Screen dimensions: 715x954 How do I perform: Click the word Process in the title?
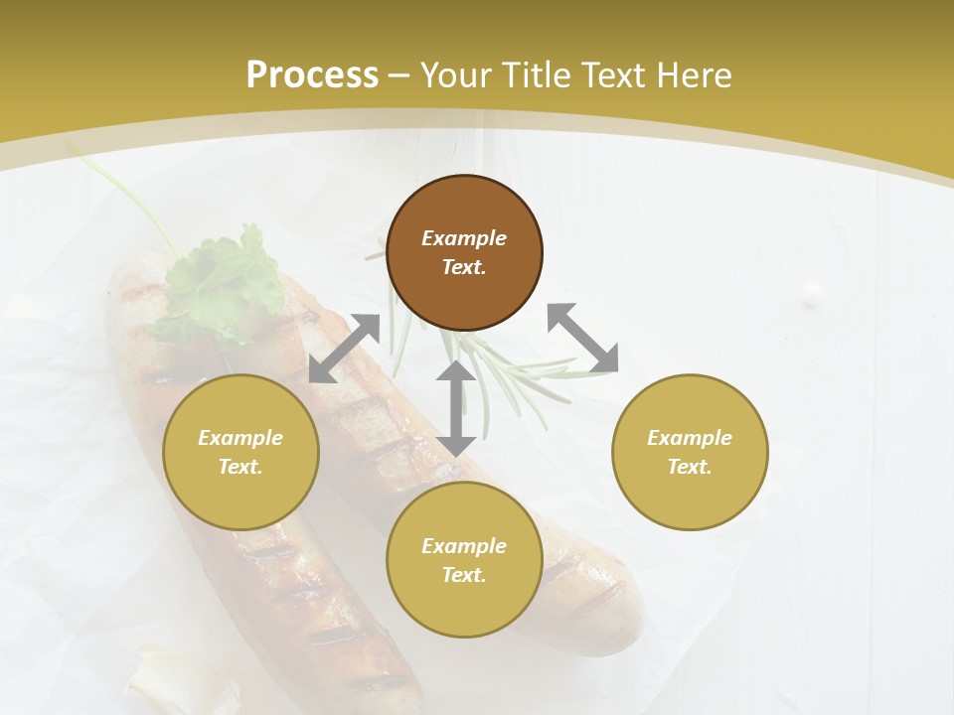tap(312, 74)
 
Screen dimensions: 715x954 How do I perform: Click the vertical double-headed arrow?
tap(456, 408)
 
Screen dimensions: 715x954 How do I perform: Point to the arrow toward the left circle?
tap(344, 349)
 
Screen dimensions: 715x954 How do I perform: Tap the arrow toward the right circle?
tap(582, 338)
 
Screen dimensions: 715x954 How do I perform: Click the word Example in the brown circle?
tap(464, 238)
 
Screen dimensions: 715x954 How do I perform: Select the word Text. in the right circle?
tap(690, 467)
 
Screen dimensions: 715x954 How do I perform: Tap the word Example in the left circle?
tap(240, 438)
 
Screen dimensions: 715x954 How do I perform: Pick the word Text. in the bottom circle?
tap(464, 575)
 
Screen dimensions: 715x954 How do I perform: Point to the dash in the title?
tap(398, 75)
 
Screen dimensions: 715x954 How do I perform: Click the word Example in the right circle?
tap(690, 438)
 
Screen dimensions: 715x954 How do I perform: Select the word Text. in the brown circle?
tap(464, 267)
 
